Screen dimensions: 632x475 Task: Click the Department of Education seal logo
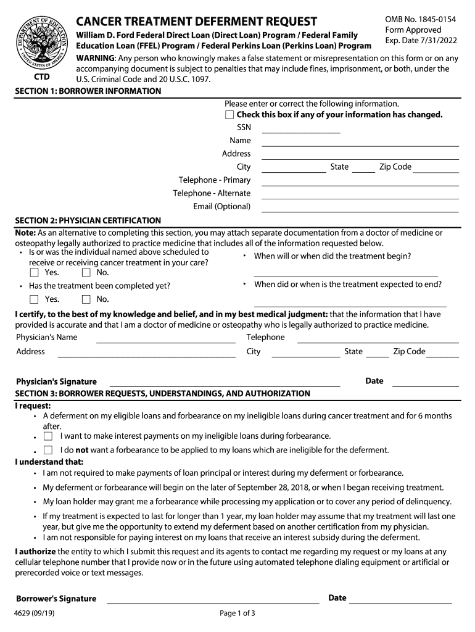tap(41, 42)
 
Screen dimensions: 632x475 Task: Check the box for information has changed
tap(229, 115)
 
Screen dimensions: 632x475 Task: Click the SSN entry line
tap(301, 130)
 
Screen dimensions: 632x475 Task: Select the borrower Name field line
tap(360, 143)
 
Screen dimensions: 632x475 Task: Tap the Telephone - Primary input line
tap(360, 183)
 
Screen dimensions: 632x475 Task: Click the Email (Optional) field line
tap(360, 209)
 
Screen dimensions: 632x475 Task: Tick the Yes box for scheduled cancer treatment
tap(35, 273)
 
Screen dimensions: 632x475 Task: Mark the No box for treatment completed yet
tap(86, 300)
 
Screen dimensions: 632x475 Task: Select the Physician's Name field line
tap(165, 340)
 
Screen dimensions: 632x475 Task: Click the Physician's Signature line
tap(225, 385)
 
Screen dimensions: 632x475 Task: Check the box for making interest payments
tap(48, 436)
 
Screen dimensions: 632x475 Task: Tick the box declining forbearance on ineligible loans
tap(48, 451)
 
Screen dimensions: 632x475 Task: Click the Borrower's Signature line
tap(212, 601)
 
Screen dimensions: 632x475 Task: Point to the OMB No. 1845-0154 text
tap(420, 20)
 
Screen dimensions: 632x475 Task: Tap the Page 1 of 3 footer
tap(238, 613)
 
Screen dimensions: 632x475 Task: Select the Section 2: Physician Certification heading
tap(88, 220)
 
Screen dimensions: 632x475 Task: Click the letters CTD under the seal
tap(41, 78)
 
